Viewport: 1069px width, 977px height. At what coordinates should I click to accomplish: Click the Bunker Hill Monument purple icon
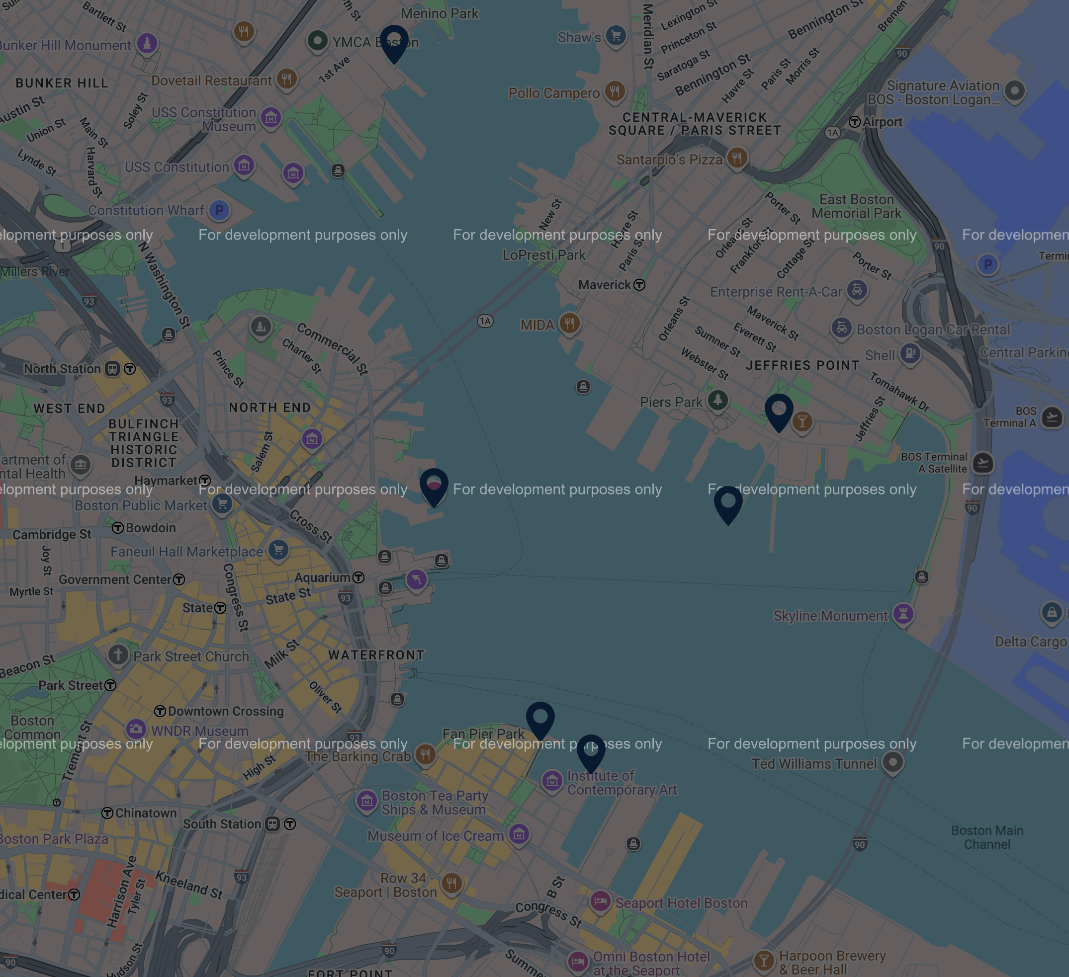point(147,43)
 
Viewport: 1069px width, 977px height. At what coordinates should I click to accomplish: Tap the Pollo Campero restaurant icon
point(615,90)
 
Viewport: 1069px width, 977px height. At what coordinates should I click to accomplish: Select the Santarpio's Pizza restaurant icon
point(737,158)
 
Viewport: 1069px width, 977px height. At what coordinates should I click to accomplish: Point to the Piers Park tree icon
point(718,400)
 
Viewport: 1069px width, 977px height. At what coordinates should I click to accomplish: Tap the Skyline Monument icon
point(903,614)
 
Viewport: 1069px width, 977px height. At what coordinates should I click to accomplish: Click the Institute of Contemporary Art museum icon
point(552,781)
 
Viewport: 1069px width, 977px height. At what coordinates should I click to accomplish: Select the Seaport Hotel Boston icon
point(600,900)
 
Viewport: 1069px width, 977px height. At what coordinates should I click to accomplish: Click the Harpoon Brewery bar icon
point(764,961)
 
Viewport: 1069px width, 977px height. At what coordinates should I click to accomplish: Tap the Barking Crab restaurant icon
point(425,754)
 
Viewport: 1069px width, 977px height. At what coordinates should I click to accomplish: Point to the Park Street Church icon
point(118,654)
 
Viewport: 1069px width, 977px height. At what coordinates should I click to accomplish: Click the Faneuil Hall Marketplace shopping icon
point(278,550)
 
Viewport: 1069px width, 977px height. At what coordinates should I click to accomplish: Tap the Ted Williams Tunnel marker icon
point(893,762)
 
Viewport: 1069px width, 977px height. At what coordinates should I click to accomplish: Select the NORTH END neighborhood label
point(270,407)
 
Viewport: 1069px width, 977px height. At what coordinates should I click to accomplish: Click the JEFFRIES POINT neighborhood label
point(802,365)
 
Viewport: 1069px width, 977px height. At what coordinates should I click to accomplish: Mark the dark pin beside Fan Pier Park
point(540,720)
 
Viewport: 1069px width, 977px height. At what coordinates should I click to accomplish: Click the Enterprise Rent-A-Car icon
point(857,290)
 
